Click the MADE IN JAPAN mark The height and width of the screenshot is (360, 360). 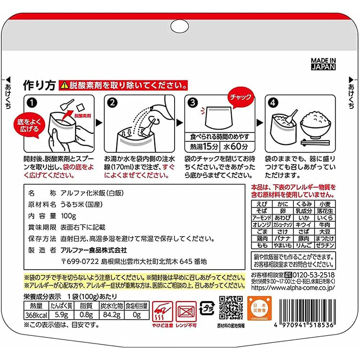(x=323, y=64)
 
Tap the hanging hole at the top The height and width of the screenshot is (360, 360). (x=180, y=26)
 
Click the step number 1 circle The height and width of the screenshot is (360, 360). (x=31, y=103)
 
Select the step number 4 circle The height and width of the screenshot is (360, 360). (x=273, y=103)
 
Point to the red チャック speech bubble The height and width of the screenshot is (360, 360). (x=240, y=97)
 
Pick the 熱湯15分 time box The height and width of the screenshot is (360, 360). (x=202, y=147)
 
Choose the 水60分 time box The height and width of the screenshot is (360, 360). (x=237, y=147)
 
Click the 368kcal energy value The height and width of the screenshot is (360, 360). (x=36, y=315)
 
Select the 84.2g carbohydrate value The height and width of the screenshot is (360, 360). (x=112, y=315)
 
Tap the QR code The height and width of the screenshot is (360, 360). (x=231, y=308)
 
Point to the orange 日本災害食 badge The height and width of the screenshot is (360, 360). (x=259, y=308)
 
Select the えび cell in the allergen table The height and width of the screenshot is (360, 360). (x=262, y=204)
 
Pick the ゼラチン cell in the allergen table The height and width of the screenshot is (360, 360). (x=324, y=245)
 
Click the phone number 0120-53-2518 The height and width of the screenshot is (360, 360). (x=314, y=275)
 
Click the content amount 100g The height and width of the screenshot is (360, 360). (x=68, y=216)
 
